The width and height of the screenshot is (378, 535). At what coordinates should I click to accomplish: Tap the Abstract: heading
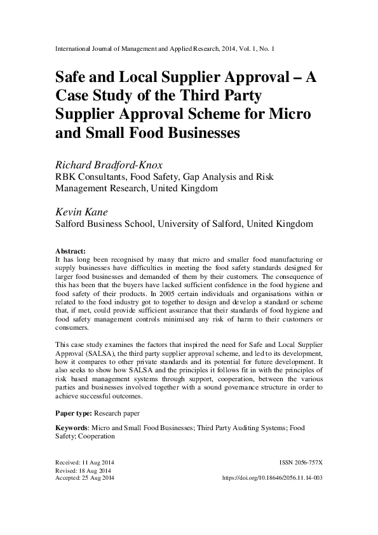[x=71, y=251]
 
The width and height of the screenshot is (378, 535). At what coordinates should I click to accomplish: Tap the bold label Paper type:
[x=76, y=413]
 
